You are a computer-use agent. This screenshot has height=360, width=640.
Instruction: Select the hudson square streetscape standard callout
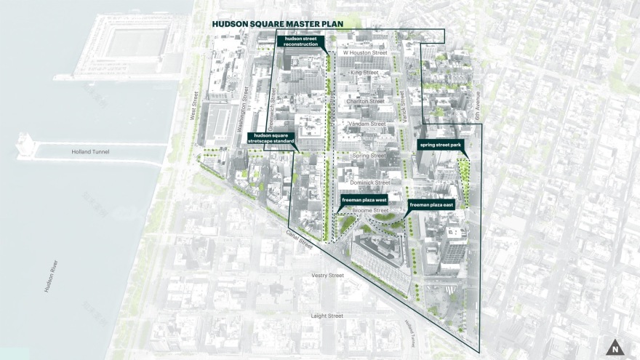tap(273, 138)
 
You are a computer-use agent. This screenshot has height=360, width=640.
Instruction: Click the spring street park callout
tap(441, 145)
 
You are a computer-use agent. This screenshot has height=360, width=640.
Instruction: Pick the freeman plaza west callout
tap(364, 199)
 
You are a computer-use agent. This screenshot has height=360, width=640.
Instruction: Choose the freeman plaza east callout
tap(431, 205)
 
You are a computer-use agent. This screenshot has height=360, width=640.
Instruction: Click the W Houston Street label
tap(365, 53)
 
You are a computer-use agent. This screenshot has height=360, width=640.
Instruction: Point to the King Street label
tap(364, 73)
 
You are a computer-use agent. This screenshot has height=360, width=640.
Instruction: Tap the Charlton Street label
tap(365, 101)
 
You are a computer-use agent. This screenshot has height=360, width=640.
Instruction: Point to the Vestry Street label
tap(327, 276)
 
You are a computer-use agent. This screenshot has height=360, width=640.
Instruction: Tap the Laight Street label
tap(327, 316)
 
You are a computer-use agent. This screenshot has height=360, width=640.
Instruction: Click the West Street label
tap(194, 108)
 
